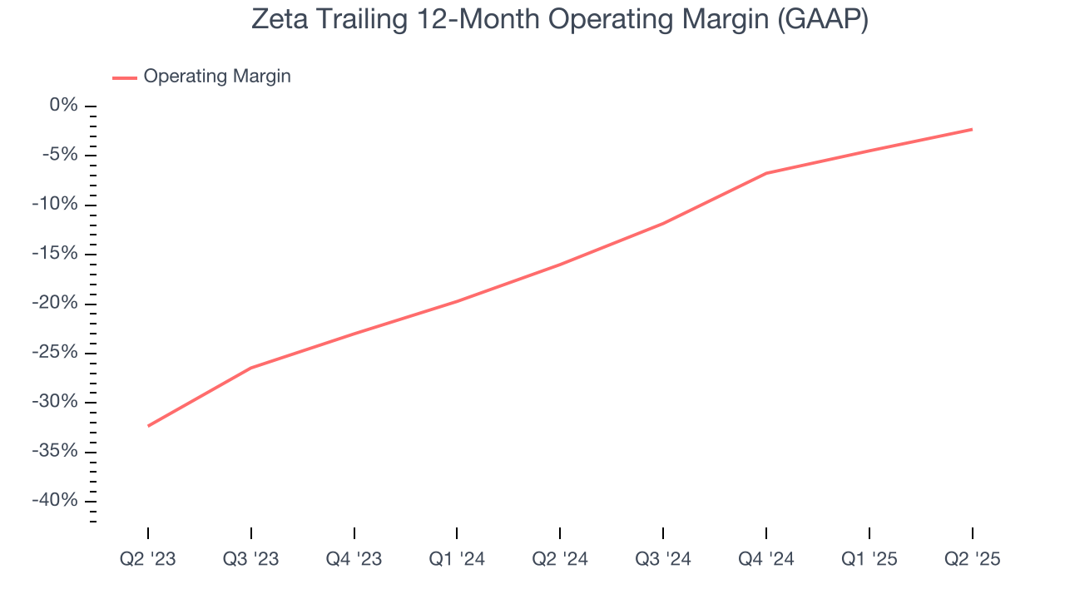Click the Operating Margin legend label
tap(217, 77)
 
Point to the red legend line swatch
tap(125, 77)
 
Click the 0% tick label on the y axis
tap(63, 106)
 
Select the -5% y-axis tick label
tap(59, 155)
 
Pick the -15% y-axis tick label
tap(55, 254)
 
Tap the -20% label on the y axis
tap(55, 303)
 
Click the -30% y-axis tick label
tap(55, 402)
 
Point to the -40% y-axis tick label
tap(55, 501)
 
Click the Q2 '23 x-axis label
tap(148, 559)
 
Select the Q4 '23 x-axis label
tap(354, 559)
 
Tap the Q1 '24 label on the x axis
tap(457, 559)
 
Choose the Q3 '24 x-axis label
tap(663, 559)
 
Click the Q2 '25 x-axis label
tap(972, 559)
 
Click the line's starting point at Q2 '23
tap(148, 426)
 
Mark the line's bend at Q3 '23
tap(251, 368)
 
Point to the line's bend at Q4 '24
tap(766, 173)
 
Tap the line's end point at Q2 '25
tap(972, 129)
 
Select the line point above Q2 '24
tap(560, 265)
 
